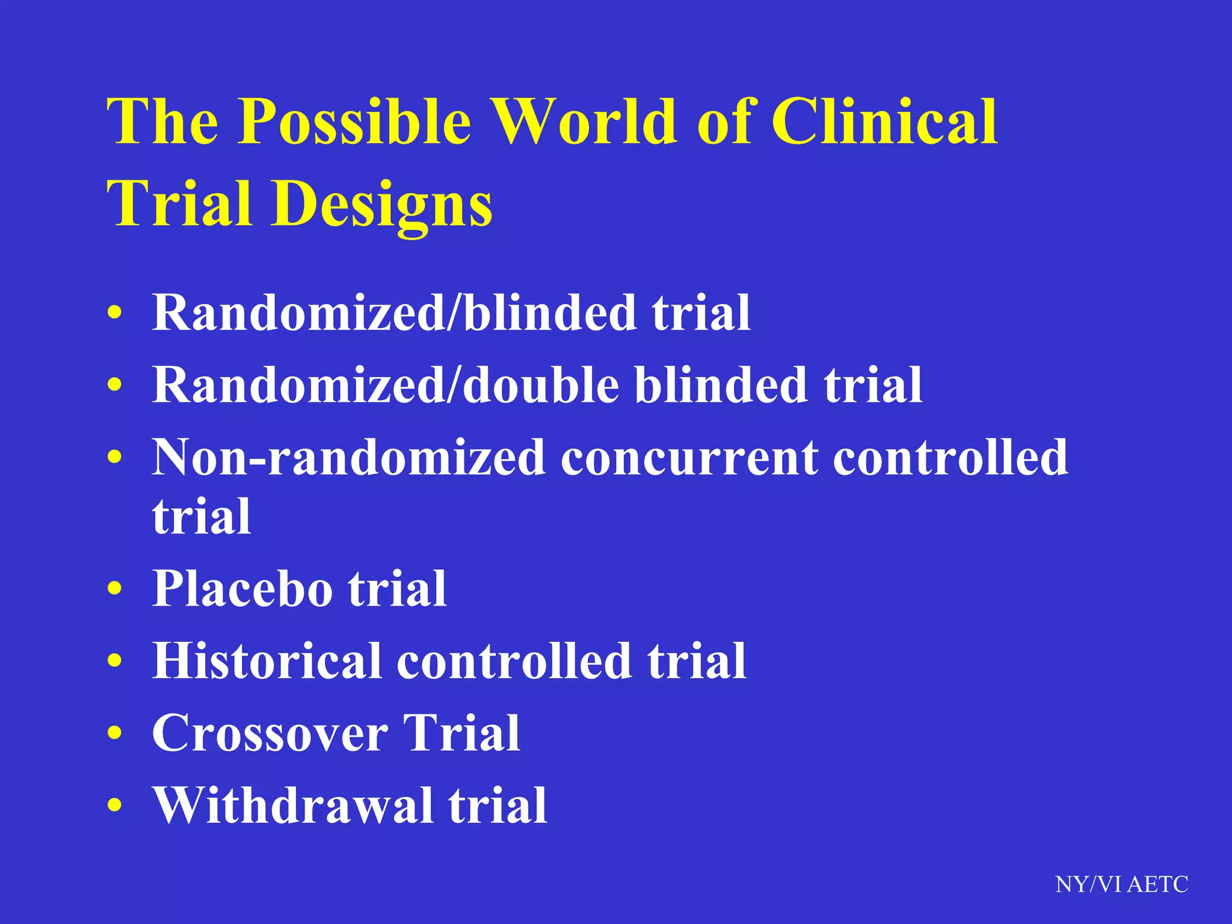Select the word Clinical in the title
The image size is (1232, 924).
(884, 122)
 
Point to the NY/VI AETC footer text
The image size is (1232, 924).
(1121, 884)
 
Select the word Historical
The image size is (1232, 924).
(266, 661)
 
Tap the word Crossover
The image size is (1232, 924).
(270, 734)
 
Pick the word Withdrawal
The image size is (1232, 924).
(292, 805)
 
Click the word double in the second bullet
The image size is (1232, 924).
(541, 385)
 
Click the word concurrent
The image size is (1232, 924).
(689, 458)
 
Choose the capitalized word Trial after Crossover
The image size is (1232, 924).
(461, 733)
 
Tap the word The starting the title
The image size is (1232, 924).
(163, 122)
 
